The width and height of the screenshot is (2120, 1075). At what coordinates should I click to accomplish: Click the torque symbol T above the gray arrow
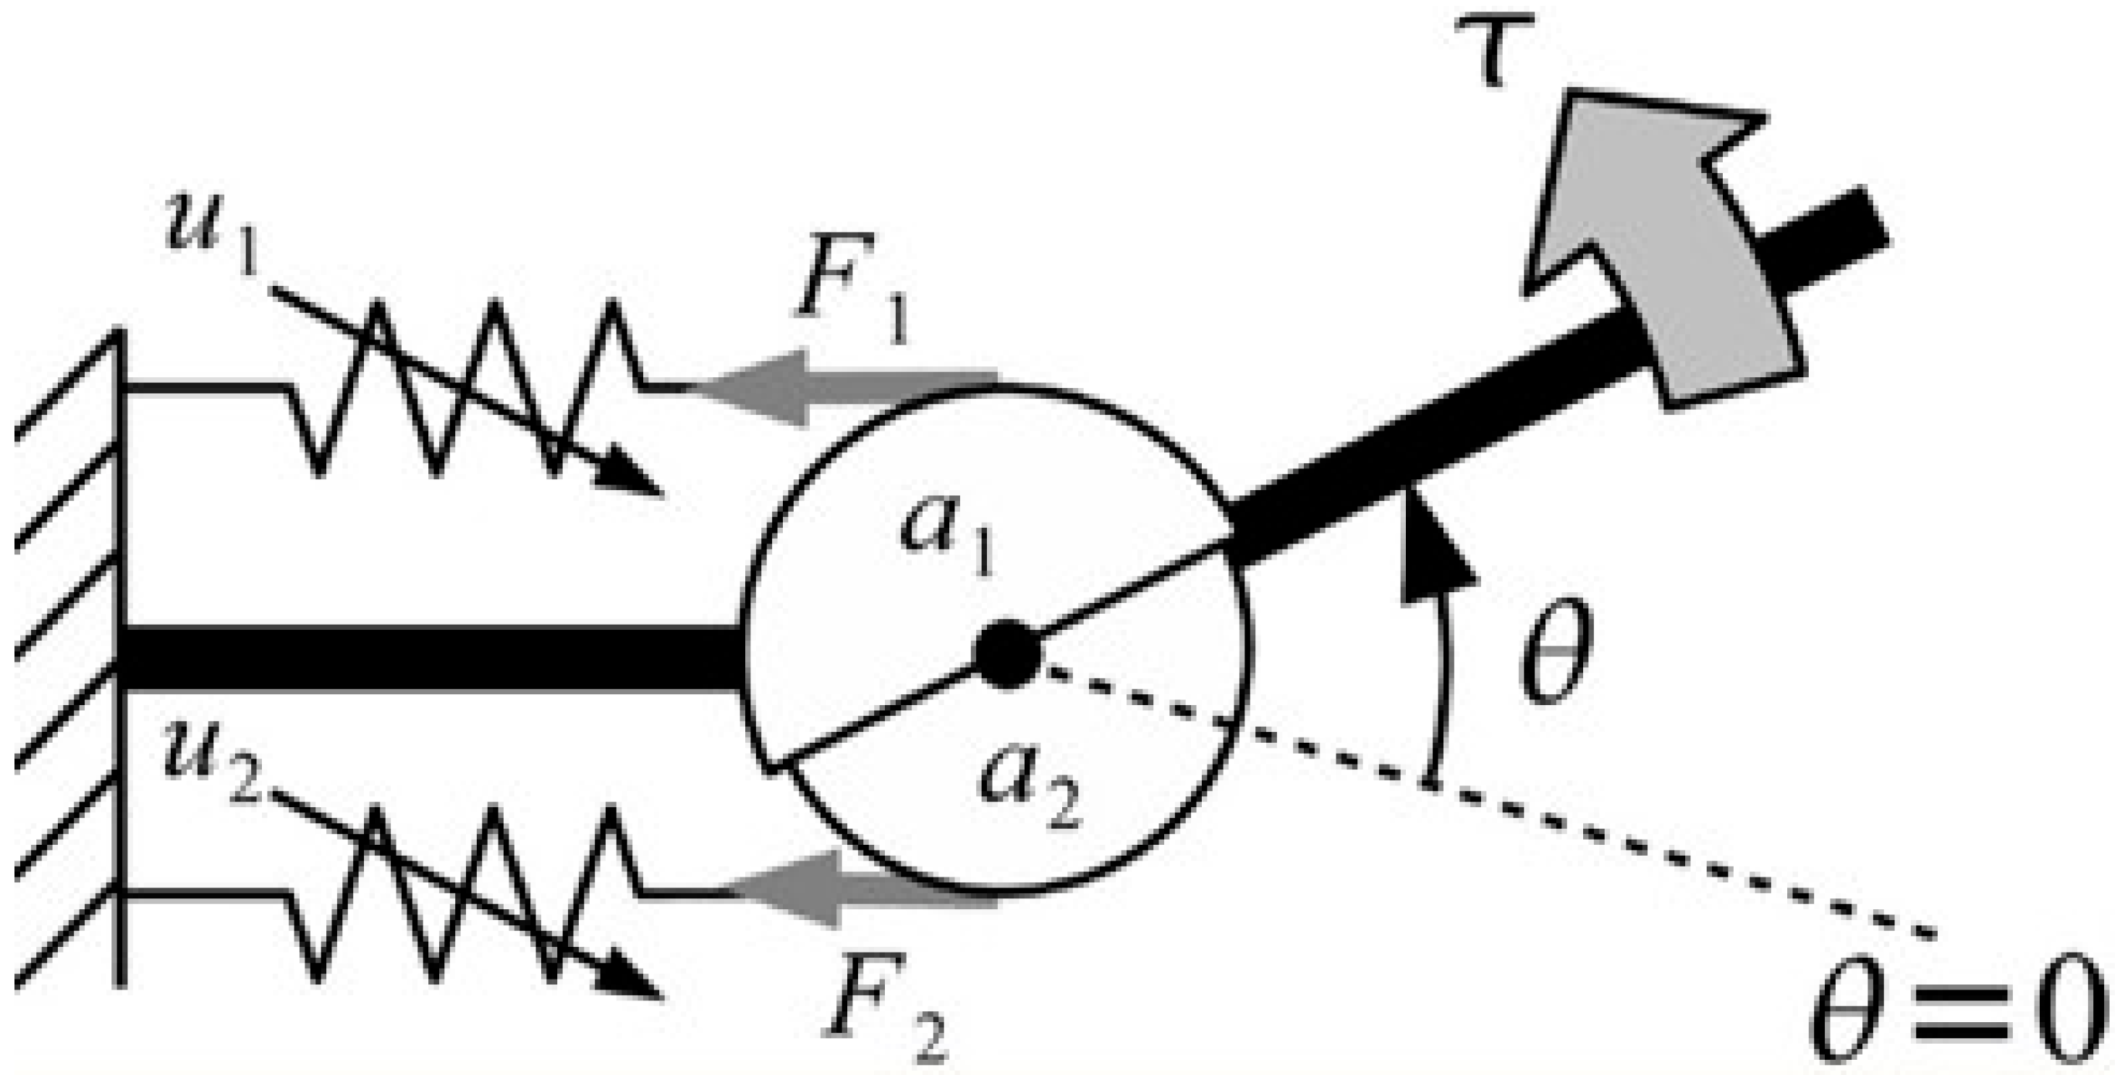1491,48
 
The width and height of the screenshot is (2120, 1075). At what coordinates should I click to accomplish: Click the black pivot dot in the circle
1006,655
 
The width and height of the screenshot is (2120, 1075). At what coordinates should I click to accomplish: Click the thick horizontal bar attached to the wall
428,657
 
